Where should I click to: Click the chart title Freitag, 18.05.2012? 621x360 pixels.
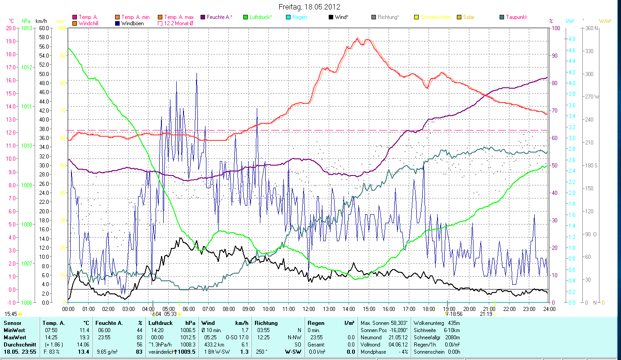pyautogui.click(x=309, y=7)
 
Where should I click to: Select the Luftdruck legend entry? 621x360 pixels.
pyautogui.click(x=260, y=17)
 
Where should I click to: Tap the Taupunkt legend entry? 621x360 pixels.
pyautogui.click(x=516, y=17)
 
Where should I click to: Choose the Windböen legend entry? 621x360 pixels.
pyautogui.click(x=132, y=23)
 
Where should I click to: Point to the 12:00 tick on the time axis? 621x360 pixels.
pyautogui.click(x=309, y=309)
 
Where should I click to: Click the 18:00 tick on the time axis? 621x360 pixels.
pyautogui.click(x=429, y=309)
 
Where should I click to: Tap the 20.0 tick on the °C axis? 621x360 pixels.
pyautogui.click(x=11, y=28)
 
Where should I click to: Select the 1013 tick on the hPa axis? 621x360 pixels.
pyautogui.click(x=27, y=28)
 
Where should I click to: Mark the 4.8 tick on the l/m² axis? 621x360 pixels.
pyautogui.click(x=572, y=39)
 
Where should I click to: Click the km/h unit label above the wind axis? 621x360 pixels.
pyautogui.click(x=41, y=21)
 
